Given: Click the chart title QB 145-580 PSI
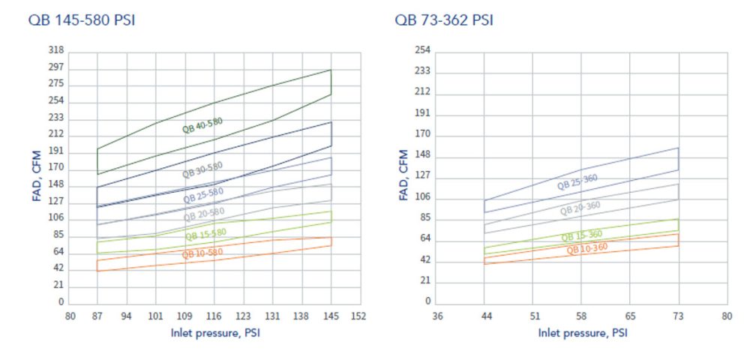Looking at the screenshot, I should (82, 19).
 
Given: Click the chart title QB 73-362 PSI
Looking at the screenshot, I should (444, 19).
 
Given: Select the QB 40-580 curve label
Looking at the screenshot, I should (202, 125).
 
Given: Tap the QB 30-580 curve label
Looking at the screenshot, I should (202, 169).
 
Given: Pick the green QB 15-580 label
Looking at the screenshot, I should (204, 234).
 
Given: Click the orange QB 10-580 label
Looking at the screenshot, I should (202, 253).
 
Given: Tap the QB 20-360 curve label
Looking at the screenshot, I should (580, 208).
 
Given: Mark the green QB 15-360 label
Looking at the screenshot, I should (582, 236).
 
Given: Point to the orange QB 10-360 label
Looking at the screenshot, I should (586, 248).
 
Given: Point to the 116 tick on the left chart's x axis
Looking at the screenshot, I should (214, 316).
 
